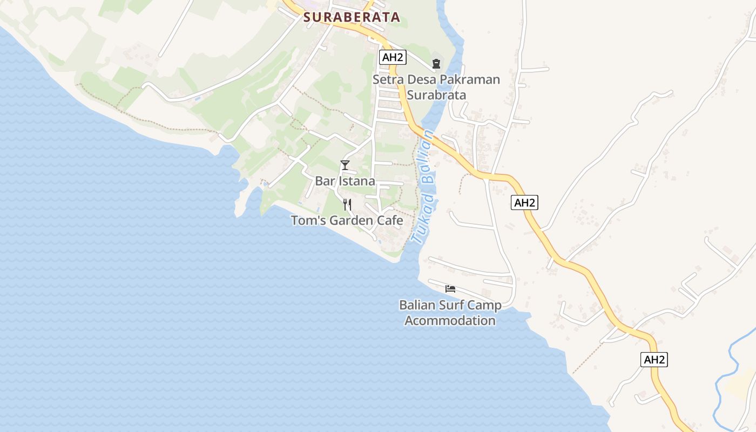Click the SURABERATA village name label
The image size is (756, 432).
[x=352, y=17]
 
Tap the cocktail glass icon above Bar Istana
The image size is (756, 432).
[x=345, y=165]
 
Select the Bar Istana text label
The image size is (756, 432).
[x=345, y=181]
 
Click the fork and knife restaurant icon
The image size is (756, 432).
[x=347, y=205]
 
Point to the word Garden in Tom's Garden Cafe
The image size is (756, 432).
[x=355, y=220]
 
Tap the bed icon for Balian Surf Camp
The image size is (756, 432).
[x=450, y=289]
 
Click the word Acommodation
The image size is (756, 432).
[x=450, y=320]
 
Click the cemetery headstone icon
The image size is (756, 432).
[x=436, y=64]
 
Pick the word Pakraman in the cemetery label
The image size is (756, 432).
[x=469, y=80]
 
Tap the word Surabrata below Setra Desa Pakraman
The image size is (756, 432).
[x=436, y=95]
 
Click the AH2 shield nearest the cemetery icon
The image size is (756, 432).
[x=393, y=57]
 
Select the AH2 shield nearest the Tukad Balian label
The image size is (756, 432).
[x=524, y=203]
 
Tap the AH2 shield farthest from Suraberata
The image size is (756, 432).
[x=654, y=360]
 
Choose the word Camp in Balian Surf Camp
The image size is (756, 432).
[x=484, y=305]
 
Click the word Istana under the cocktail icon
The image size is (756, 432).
[x=357, y=181]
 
